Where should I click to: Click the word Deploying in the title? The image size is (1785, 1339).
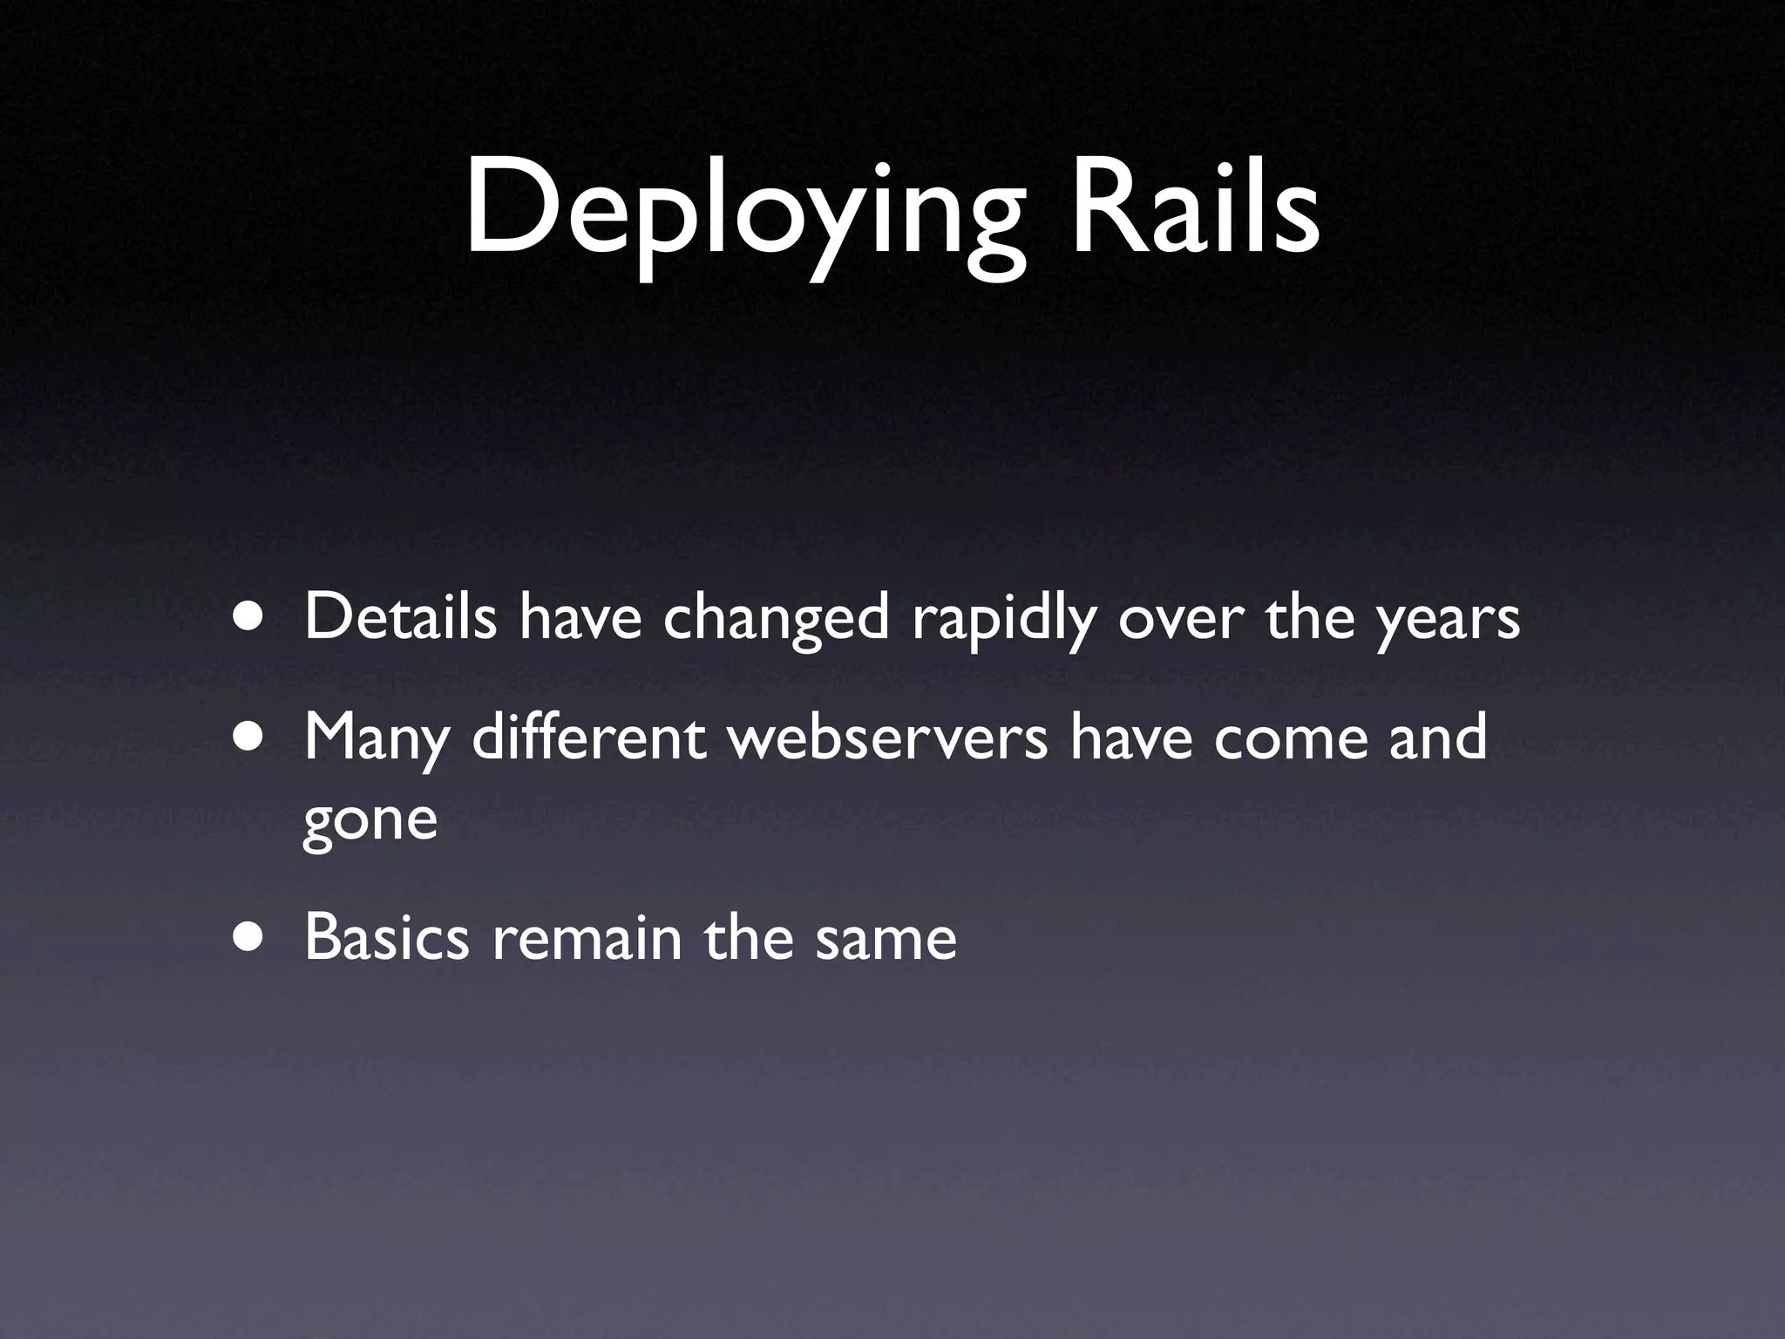coord(745,214)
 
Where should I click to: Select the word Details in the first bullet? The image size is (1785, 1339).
coord(401,616)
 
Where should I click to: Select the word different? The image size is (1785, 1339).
coord(589,737)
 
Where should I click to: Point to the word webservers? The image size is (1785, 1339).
coord(887,737)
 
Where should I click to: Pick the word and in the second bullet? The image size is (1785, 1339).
coord(1437,737)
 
